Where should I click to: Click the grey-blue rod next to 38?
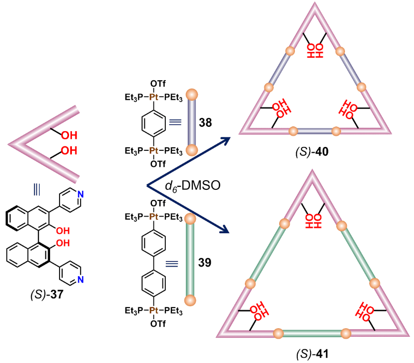[x=191, y=122]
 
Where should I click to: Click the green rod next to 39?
[x=191, y=260]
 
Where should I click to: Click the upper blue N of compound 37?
[x=80, y=195]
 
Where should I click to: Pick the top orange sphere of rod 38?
[x=191, y=93]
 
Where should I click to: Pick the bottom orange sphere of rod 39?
[x=191, y=300]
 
